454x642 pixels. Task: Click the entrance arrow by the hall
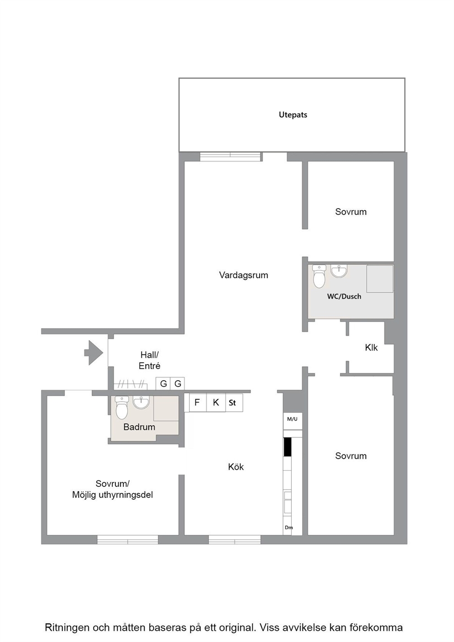(x=94, y=353)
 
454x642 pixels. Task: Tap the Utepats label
(x=293, y=115)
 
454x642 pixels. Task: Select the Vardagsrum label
(x=243, y=275)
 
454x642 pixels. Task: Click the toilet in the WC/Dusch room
(x=319, y=276)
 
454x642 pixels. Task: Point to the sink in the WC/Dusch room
(x=339, y=271)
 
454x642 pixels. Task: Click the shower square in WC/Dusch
(x=380, y=279)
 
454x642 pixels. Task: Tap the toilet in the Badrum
(x=122, y=408)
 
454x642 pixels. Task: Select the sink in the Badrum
(x=141, y=402)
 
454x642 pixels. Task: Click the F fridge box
(x=198, y=403)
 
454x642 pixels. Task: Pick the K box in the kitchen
(x=216, y=403)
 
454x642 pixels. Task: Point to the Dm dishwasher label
(x=289, y=527)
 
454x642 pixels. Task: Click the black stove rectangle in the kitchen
(x=287, y=447)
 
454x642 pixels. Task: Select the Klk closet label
(x=371, y=348)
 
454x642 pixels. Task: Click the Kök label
(x=236, y=467)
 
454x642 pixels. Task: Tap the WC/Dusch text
(x=344, y=297)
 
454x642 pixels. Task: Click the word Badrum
(x=139, y=427)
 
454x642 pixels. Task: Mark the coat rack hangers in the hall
(x=131, y=384)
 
